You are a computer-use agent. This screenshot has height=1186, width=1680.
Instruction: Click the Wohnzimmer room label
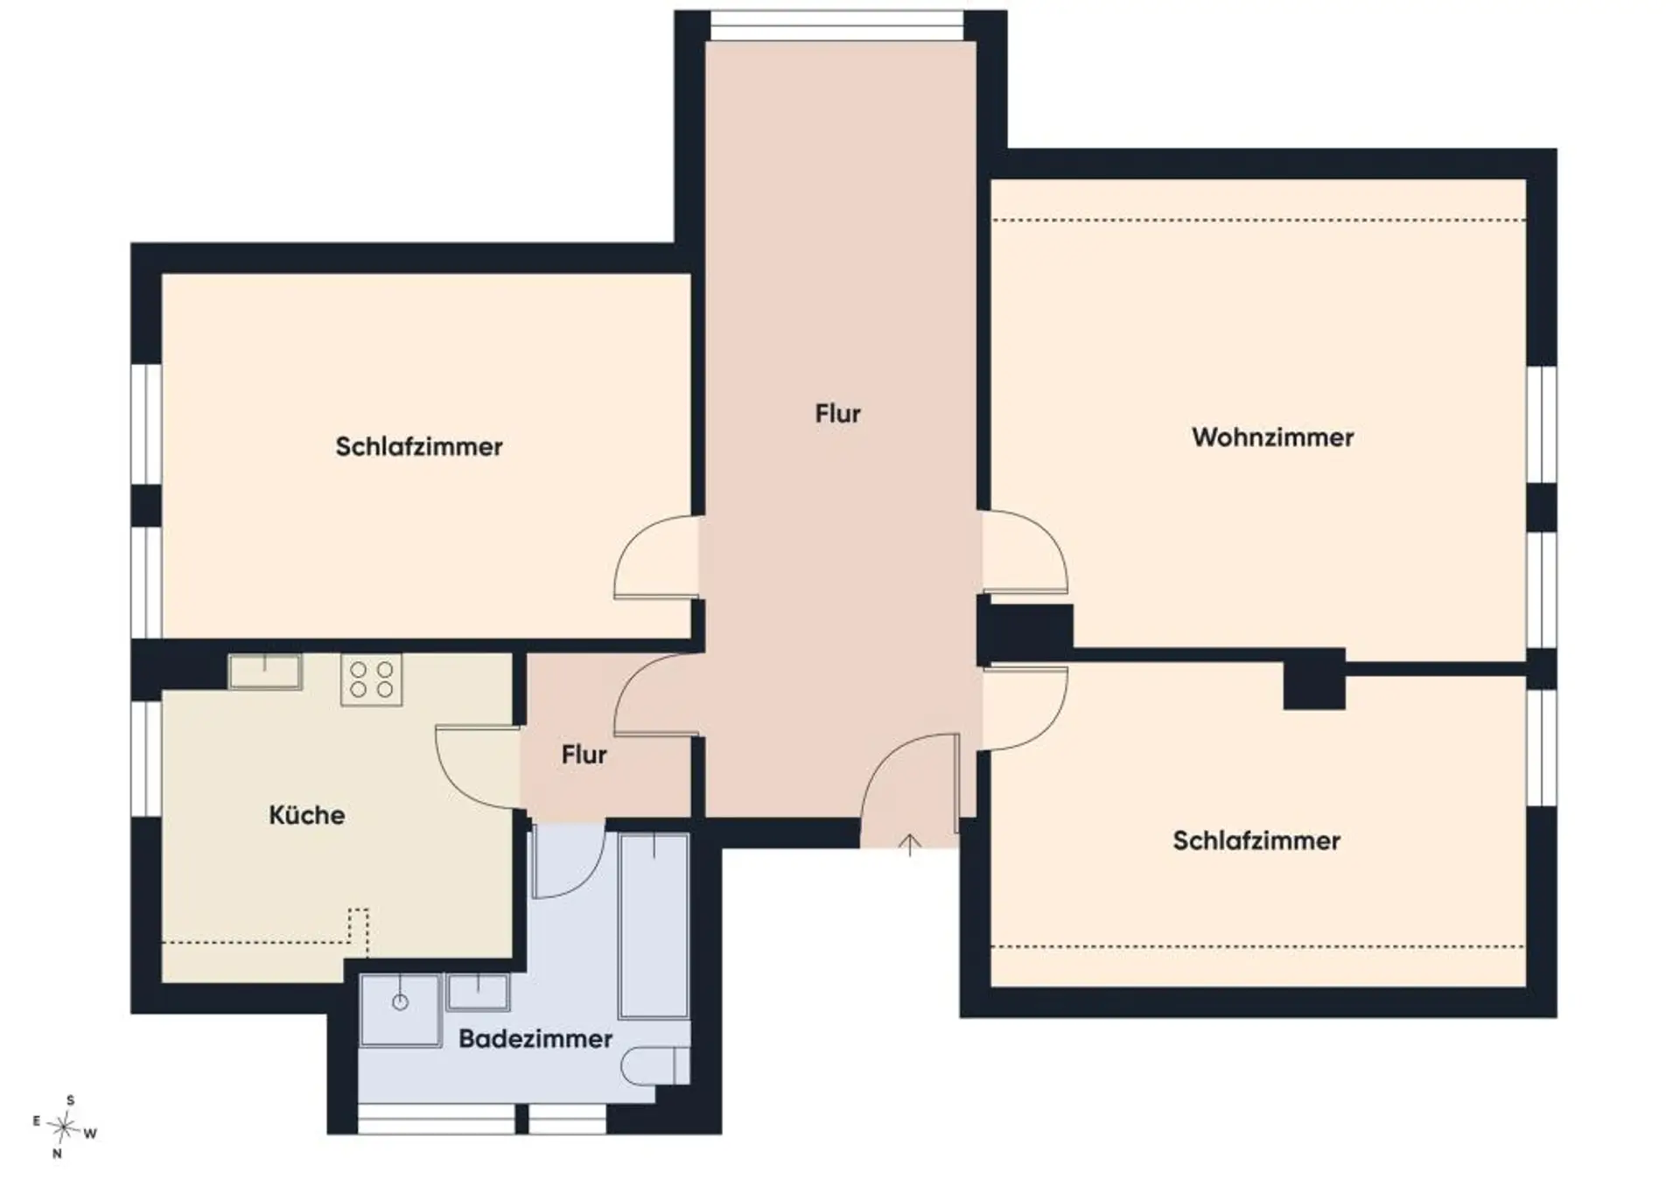click(1272, 437)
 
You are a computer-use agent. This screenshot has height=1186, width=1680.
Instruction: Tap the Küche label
click(306, 815)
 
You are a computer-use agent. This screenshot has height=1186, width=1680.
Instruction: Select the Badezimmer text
click(535, 1038)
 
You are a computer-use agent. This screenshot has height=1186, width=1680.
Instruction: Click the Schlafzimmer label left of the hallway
click(419, 447)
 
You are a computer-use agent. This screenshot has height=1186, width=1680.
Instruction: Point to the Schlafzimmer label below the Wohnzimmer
click(1256, 841)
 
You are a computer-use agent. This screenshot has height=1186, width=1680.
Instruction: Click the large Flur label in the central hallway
click(837, 414)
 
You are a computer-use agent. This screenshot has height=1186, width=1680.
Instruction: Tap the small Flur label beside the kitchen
click(584, 754)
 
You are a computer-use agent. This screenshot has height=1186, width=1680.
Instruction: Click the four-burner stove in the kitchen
click(371, 680)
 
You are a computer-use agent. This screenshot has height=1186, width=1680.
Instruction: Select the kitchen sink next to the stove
click(265, 671)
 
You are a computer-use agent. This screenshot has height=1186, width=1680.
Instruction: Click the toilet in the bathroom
click(655, 1065)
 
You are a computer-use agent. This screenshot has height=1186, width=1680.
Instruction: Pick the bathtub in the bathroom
click(654, 925)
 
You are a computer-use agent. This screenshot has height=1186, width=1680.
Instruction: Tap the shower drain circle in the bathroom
click(400, 1002)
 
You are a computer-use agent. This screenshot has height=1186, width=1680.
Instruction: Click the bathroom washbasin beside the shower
click(478, 993)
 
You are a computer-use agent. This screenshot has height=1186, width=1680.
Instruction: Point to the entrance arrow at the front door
click(910, 845)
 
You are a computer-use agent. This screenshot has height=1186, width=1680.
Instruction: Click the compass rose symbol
click(63, 1127)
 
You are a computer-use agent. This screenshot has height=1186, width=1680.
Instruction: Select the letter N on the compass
click(58, 1154)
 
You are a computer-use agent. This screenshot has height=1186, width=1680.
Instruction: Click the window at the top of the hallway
click(836, 25)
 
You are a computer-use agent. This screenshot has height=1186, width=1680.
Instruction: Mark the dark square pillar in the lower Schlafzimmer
click(1314, 679)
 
